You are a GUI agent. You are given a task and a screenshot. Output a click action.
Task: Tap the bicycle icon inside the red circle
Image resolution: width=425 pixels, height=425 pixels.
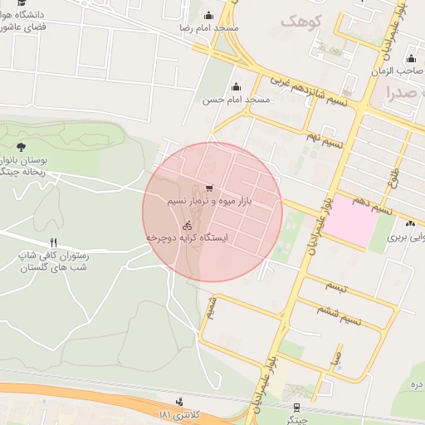pos(188,225)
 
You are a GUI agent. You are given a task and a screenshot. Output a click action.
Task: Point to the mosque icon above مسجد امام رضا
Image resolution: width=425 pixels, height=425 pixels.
pos(208,15)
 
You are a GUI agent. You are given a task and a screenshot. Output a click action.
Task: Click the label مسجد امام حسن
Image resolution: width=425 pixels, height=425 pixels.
pos(237,100)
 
